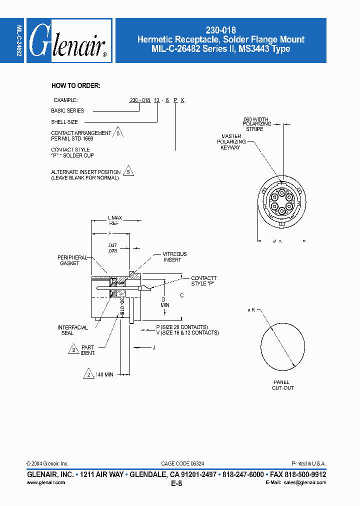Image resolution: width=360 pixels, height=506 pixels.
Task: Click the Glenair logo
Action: (68, 40)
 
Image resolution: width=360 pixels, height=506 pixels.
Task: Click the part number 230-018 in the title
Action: (221, 30)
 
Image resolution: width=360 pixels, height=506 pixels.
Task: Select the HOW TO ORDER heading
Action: (76, 85)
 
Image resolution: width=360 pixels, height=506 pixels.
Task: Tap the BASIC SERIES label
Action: (67, 110)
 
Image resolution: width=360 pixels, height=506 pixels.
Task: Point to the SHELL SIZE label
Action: (64, 122)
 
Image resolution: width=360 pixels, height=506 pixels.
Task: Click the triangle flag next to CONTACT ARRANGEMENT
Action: (118, 133)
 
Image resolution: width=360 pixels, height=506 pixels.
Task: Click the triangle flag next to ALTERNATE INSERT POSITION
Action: (128, 171)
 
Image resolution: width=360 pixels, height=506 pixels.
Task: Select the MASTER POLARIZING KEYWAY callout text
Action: (230, 142)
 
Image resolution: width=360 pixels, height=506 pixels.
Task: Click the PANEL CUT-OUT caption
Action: (282, 384)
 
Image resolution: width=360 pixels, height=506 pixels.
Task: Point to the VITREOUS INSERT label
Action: (174, 256)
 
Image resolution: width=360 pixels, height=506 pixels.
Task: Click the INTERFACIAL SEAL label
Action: (72, 330)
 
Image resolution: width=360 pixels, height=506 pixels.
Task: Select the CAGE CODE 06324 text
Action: (182, 463)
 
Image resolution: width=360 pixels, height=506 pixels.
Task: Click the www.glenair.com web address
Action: (45, 482)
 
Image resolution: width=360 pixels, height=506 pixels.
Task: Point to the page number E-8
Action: (176, 483)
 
